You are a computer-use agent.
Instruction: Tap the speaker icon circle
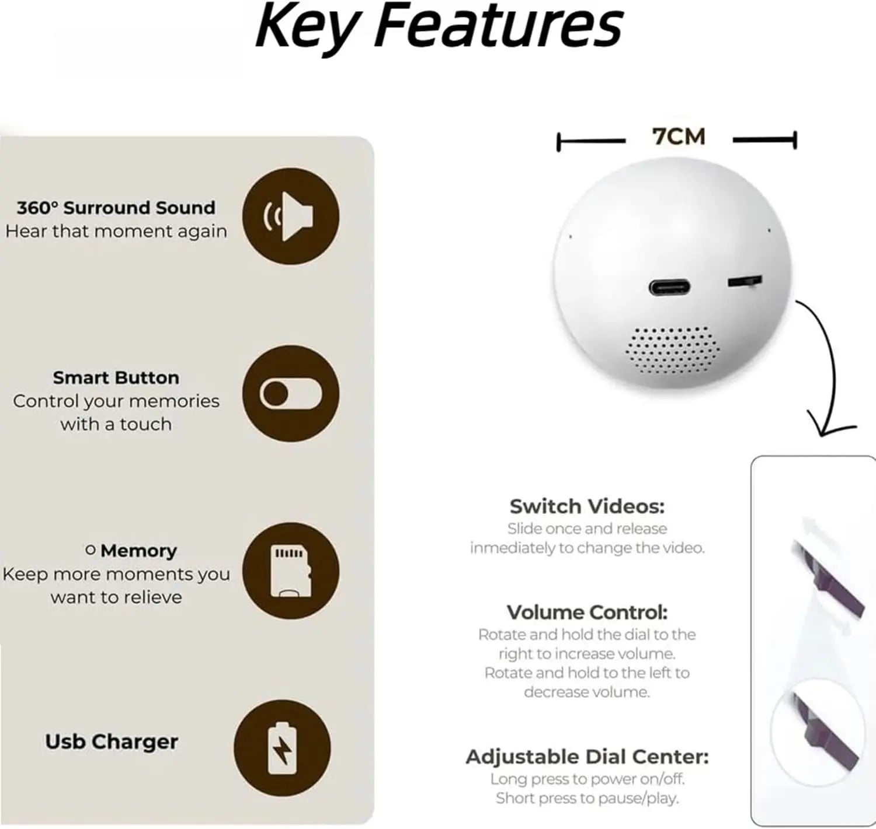290,216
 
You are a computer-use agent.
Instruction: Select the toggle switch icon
290,394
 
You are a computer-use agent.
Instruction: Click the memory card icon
290,571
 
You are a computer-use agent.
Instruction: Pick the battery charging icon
282,748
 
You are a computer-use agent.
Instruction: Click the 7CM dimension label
679,137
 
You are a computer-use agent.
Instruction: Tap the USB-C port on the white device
669,287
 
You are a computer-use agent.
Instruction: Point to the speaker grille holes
672,350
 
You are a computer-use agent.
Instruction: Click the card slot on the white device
744,281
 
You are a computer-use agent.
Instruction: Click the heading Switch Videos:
588,506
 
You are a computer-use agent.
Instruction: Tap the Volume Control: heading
588,612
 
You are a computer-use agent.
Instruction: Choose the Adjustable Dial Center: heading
588,757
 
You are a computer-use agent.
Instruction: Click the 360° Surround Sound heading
116,208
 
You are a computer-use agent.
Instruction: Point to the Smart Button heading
116,377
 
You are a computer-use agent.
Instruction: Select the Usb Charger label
112,741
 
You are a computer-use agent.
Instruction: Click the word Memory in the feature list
138,551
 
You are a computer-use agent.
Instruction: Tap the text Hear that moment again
116,232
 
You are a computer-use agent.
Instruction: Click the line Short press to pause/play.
588,798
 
